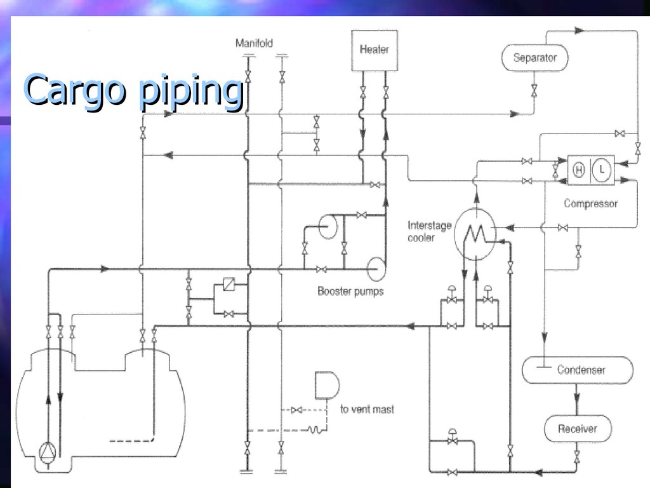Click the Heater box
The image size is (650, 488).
click(x=374, y=50)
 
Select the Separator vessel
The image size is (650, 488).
click(x=534, y=58)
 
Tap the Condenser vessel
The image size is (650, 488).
click(x=577, y=370)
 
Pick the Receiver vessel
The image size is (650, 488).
click(x=577, y=429)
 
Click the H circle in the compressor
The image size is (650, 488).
click(x=578, y=170)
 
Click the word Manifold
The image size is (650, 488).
click(x=254, y=43)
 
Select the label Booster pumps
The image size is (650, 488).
click(x=350, y=292)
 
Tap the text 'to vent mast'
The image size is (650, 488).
click(x=367, y=409)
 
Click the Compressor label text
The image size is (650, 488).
click(x=590, y=204)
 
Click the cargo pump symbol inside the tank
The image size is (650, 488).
click(x=48, y=451)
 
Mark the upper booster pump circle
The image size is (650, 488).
click(x=328, y=226)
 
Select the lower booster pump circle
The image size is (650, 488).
click(x=375, y=268)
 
